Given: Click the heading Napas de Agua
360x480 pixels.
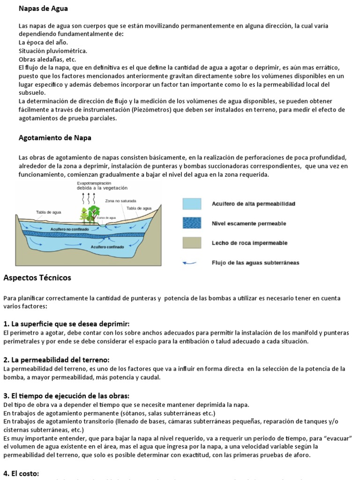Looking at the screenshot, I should coord(43,8).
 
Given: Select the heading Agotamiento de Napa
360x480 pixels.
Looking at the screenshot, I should coord(55,138).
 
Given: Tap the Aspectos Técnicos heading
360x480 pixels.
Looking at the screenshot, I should coord(37,278).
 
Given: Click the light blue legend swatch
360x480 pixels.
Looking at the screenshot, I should coord(192,204).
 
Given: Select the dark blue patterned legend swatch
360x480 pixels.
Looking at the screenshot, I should coord(192,224).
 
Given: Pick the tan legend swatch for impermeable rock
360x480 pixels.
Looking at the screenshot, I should coord(192,243).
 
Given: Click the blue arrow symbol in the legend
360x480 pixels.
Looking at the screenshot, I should coord(190,263).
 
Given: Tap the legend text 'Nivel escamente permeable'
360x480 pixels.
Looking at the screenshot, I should coord(248,224).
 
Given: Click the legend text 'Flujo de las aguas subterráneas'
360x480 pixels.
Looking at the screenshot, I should coord(255,263).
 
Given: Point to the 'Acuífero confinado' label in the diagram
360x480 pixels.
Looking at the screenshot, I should coord(107,247).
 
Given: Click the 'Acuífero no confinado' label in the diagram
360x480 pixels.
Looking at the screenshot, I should coord(67,229).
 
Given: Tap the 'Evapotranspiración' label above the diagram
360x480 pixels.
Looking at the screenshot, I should coord(94,183).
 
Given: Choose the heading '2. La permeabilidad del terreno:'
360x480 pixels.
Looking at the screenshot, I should coord(56,360).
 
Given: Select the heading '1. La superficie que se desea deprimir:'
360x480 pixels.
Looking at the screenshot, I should coord(66,324).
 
